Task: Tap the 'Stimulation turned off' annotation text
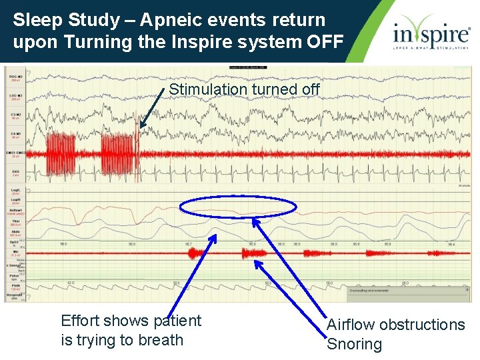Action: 244,89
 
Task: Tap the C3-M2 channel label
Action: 15,115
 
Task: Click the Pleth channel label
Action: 15,285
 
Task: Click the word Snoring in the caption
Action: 354,345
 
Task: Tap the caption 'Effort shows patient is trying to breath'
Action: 131,330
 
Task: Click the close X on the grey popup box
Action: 467,290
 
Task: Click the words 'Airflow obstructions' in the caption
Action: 395,325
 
